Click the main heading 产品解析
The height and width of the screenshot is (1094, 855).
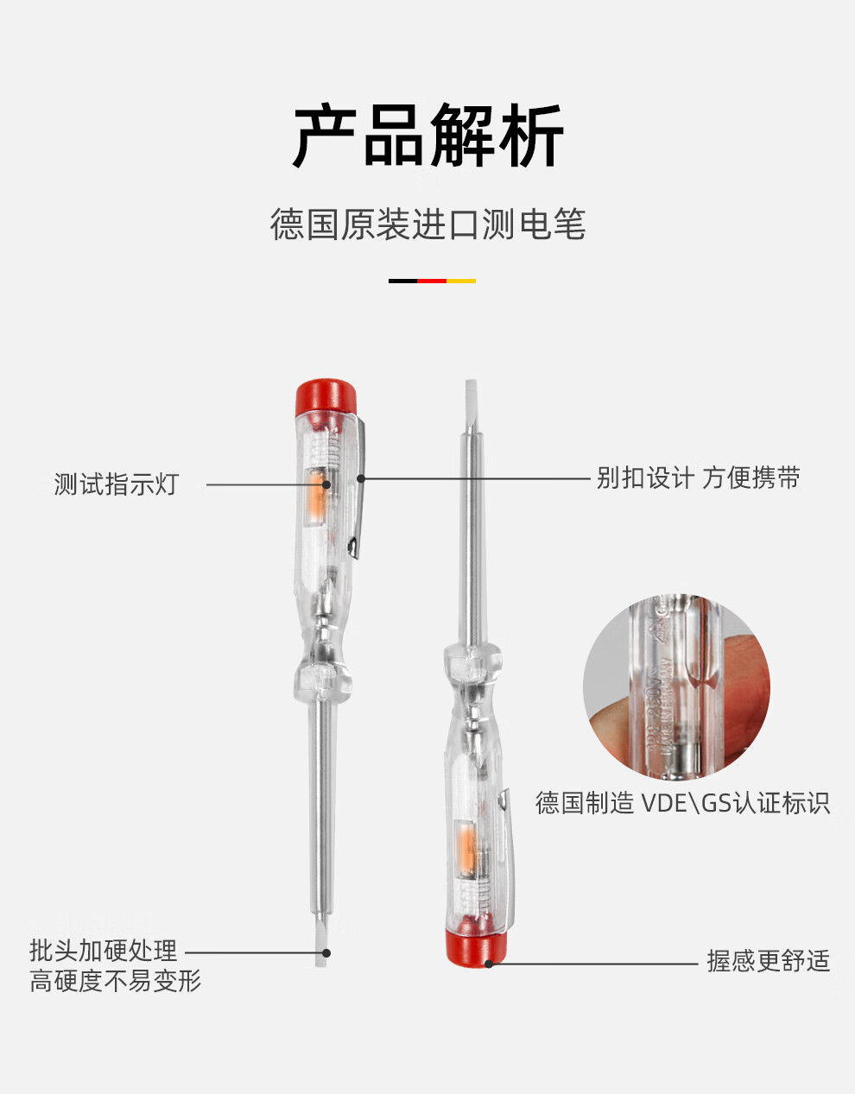[x=427, y=136]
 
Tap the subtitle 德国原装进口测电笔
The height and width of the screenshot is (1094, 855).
[x=427, y=224]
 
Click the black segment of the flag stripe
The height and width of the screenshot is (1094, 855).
[x=402, y=281]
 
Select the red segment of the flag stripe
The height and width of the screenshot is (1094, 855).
[x=432, y=281]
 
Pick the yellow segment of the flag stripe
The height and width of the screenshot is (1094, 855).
[x=461, y=281]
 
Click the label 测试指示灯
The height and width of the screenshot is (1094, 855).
[x=116, y=484]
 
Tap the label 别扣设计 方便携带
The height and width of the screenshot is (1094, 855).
[x=698, y=477]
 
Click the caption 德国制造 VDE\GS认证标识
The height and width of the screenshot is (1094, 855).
[x=682, y=803]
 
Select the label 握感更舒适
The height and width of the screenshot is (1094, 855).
[x=768, y=960]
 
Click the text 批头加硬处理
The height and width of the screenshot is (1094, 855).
[x=104, y=951]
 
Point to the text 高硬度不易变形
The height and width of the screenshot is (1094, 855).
[x=115, y=981]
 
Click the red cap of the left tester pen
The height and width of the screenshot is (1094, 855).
[x=326, y=396]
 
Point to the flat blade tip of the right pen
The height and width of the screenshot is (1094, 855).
[x=471, y=396]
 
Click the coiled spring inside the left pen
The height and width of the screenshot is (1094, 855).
[x=322, y=447]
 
